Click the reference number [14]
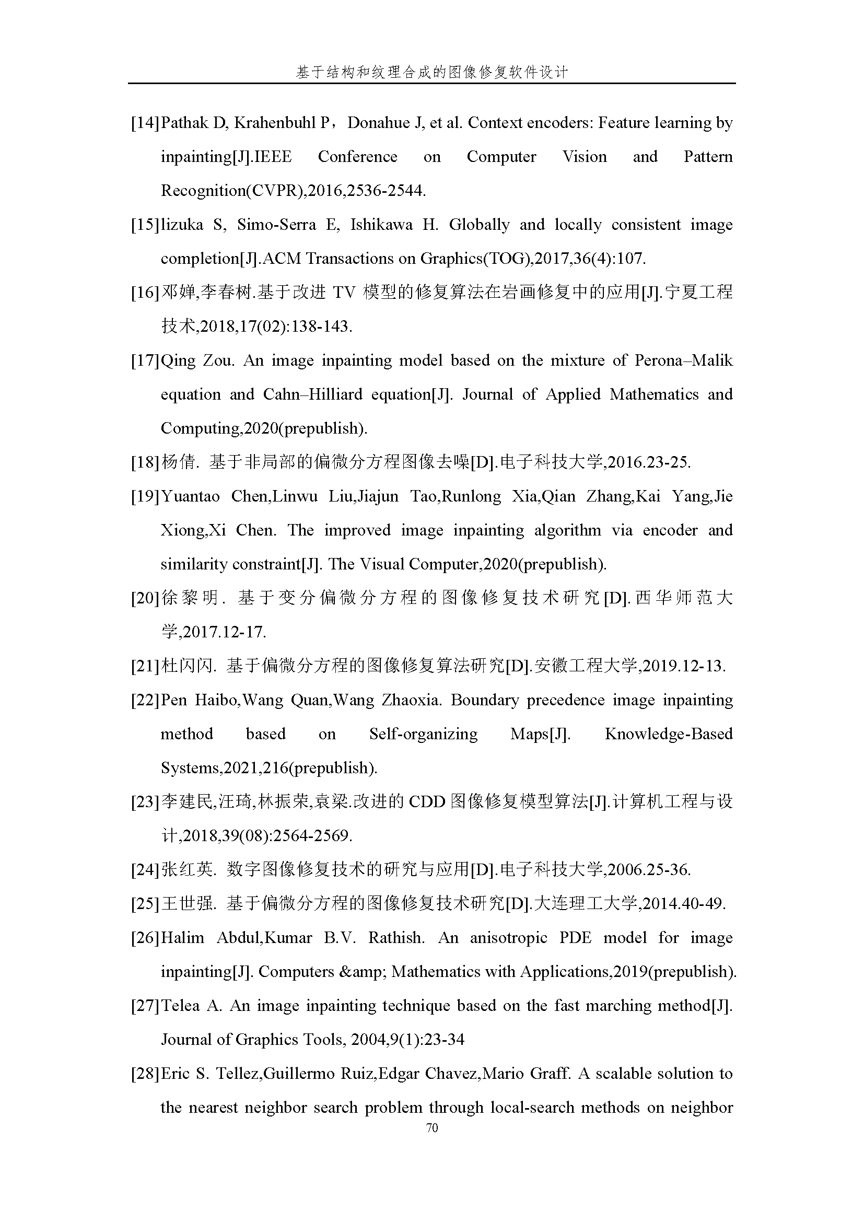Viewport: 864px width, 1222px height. click(x=145, y=123)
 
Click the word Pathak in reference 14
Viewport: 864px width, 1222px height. click(x=184, y=123)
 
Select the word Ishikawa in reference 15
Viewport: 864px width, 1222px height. click(x=381, y=225)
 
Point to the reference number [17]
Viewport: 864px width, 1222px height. click(x=145, y=361)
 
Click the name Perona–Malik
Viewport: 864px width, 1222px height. click(x=684, y=361)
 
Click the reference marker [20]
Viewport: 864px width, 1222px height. click(x=145, y=599)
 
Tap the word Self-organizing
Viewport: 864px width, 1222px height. click(x=424, y=735)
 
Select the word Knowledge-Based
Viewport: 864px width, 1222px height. click(x=669, y=735)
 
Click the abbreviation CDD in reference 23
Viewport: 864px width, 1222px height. click(x=427, y=802)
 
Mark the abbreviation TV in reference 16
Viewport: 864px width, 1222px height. click(x=344, y=293)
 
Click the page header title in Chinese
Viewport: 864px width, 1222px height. click(x=432, y=73)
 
